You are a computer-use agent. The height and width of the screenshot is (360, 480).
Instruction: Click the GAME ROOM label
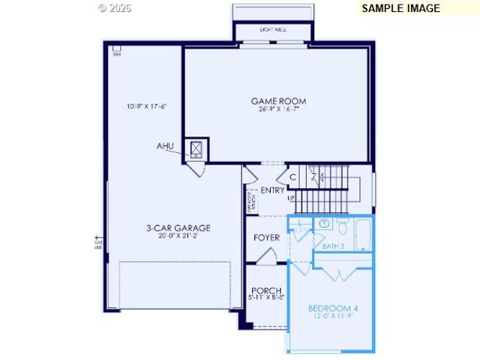(278, 101)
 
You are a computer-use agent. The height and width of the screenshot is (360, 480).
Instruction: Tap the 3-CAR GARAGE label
(178, 228)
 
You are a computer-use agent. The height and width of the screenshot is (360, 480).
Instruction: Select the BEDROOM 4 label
(333, 308)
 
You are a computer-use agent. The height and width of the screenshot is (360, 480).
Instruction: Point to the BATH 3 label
(333, 246)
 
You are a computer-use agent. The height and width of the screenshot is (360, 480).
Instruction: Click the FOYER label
(266, 238)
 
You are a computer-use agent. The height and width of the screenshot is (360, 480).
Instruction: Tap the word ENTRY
(272, 190)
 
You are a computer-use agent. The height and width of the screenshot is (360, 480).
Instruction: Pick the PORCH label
(266, 291)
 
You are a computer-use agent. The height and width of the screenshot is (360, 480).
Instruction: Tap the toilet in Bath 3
(342, 224)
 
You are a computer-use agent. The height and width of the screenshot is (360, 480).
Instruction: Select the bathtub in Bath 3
(363, 235)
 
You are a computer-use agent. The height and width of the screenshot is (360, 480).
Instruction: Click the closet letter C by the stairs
(293, 177)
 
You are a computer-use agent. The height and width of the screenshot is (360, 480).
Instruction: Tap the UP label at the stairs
(292, 198)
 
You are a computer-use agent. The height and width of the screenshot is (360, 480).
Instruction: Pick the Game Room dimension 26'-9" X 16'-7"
(278, 110)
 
